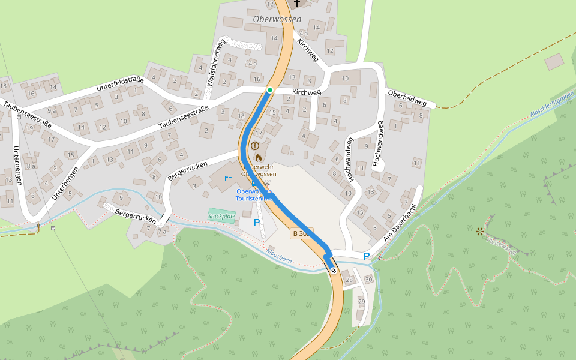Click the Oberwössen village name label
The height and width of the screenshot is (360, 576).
coord(277,19)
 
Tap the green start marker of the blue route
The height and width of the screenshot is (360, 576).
coord(270,90)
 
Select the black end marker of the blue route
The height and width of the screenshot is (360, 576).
coord(334,271)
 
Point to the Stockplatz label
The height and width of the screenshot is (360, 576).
coord(221,216)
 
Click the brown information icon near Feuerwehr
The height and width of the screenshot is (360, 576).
coord(255,146)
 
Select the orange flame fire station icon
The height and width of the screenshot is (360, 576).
coord(258,157)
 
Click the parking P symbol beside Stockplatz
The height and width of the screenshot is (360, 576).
coord(257,223)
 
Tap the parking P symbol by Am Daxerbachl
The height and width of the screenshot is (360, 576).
coord(366,256)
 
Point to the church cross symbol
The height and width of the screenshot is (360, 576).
coord(296,4)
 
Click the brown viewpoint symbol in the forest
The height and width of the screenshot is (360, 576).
coord(479,231)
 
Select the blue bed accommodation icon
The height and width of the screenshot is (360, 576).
coord(228,178)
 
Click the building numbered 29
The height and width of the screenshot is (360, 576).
coord(361,301)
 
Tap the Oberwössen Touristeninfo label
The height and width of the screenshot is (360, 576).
coord(254,194)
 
